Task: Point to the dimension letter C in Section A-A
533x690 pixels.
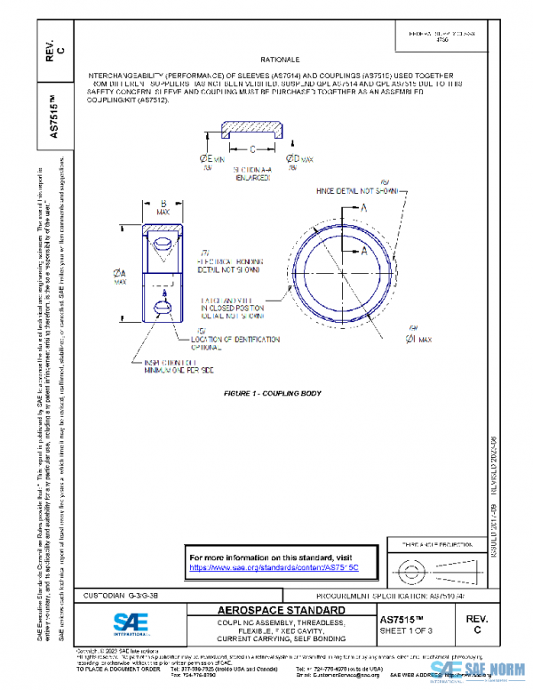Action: (252, 149)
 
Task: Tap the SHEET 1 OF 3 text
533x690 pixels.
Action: (406, 630)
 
